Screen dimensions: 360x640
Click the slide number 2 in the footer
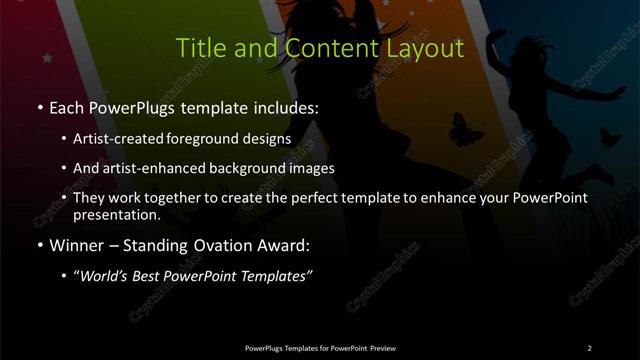click(589, 347)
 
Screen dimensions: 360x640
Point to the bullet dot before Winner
click(39, 245)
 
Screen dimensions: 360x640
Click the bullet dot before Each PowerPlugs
click(39, 107)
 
